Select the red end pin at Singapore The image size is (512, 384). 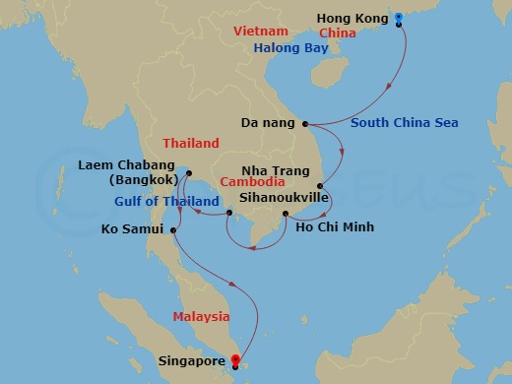pyautogui.click(x=233, y=361)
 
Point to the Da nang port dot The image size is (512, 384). pyautogui.click(x=306, y=124)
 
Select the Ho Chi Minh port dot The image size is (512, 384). pyautogui.click(x=285, y=214)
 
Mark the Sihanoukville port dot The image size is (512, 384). pyautogui.click(x=228, y=213)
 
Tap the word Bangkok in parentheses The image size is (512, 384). pyautogui.click(x=145, y=180)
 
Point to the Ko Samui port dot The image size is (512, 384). pyautogui.click(x=173, y=231)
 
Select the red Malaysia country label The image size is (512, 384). pyautogui.click(x=201, y=316)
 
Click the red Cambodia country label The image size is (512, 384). pyautogui.click(x=253, y=182)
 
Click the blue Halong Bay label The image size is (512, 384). pyautogui.click(x=291, y=47)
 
